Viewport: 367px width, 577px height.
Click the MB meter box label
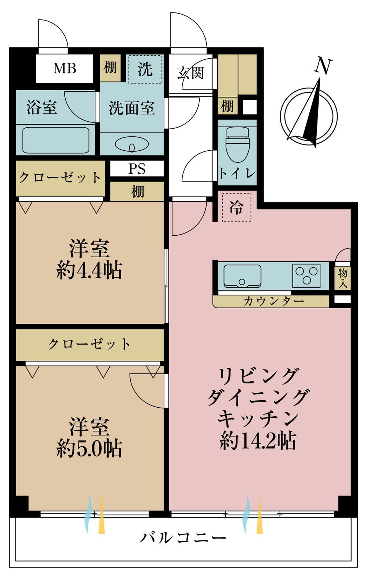click(65, 69)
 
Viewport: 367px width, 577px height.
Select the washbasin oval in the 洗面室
click(132, 145)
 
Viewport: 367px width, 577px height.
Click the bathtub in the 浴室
click(56, 140)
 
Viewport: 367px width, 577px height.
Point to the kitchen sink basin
click(242, 276)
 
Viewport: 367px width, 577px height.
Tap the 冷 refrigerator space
click(236, 207)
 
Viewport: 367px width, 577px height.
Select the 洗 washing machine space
click(145, 69)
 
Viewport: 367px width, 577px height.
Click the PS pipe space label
click(137, 169)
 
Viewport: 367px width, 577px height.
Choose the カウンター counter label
click(274, 301)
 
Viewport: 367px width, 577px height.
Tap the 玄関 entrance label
click(190, 73)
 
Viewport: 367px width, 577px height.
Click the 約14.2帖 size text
click(258, 441)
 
